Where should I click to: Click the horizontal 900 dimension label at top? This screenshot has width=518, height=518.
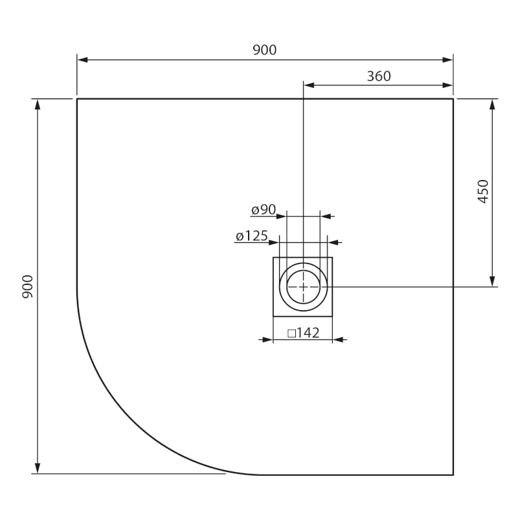click(264, 51)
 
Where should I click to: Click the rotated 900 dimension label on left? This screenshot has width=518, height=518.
click(27, 286)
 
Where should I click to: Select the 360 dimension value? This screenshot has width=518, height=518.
click(379, 76)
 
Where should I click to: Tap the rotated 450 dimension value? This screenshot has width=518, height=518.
click(483, 192)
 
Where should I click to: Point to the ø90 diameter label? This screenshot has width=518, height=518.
click(264, 210)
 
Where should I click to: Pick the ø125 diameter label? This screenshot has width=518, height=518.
click(252, 236)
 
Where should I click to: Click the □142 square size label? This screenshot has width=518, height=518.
click(303, 333)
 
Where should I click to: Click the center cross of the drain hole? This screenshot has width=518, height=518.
click(303, 286)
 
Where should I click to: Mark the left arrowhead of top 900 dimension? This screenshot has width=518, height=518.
click(82, 60)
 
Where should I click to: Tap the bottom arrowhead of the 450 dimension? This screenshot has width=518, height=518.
click(493, 282)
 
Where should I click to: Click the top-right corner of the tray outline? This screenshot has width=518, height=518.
click(453, 99)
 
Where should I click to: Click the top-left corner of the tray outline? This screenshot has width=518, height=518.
click(77, 99)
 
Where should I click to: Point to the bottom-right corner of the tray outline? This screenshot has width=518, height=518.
click(453, 475)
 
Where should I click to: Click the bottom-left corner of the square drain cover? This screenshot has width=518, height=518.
click(273, 316)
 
